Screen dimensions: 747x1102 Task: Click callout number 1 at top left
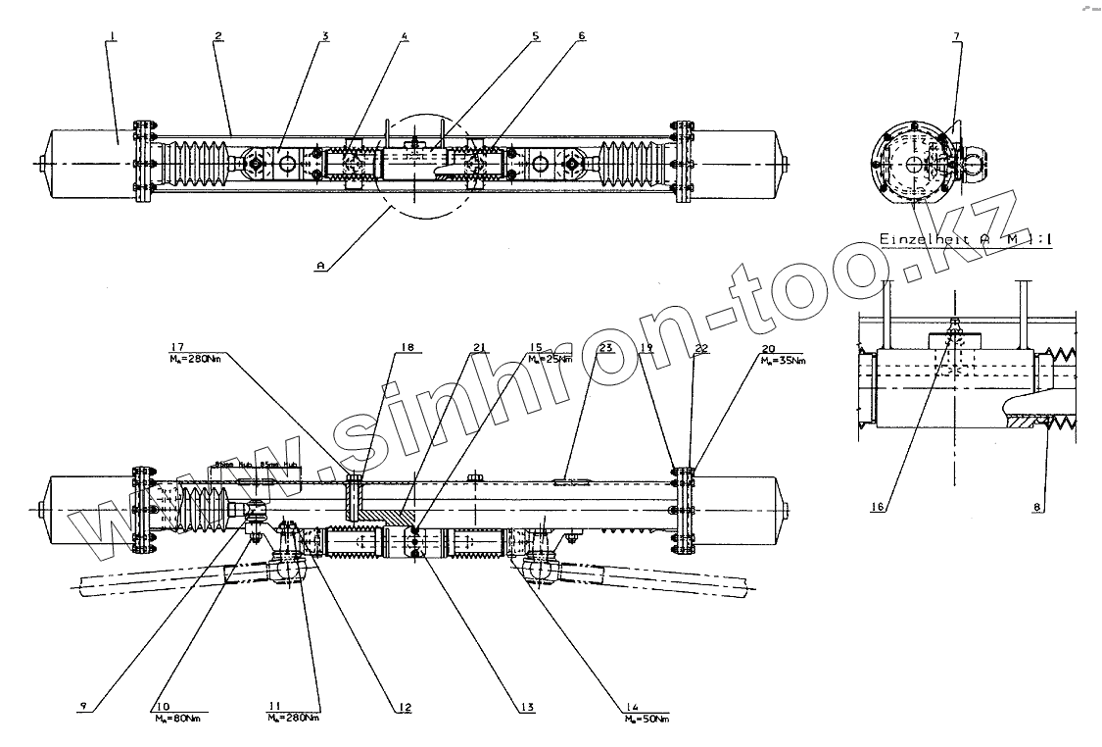pyautogui.click(x=114, y=36)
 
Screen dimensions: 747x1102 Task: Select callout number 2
pyautogui.click(x=218, y=36)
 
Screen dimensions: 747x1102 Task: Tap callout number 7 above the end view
pyautogui.click(x=956, y=36)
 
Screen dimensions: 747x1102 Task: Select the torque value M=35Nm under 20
pyautogui.click(x=785, y=361)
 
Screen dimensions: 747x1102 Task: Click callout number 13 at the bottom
pyautogui.click(x=527, y=708)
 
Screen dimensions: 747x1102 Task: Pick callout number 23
pyautogui.click(x=605, y=347)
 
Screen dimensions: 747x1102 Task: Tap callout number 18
pyautogui.click(x=407, y=347)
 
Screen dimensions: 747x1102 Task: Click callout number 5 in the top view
pyautogui.click(x=535, y=36)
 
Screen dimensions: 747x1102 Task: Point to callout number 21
pyautogui.click(x=478, y=347)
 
